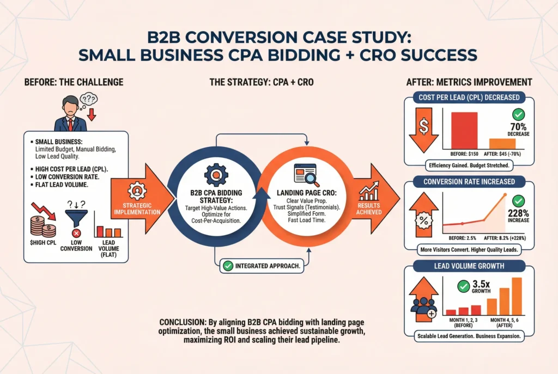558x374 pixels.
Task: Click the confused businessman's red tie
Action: pyautogui.click(x=70, y=124)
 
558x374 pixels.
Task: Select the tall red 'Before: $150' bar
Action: pyautogui.click(x=463, y=130)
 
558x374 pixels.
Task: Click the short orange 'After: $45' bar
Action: pyautogui.click(x=502, y=143)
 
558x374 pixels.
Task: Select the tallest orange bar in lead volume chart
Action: pyautogui.click(x=517, y=295)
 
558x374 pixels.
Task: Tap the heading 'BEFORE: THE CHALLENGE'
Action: pyautogui.click(x=74, y=82)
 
